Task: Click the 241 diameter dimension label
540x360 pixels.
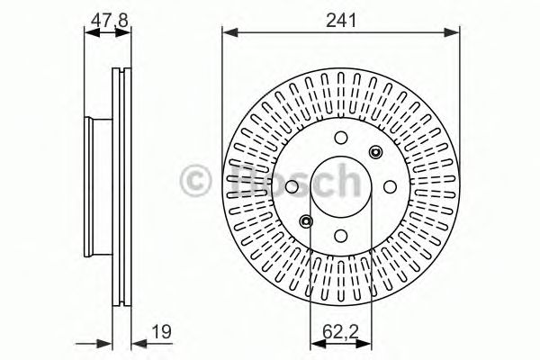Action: click(x=341, y=21)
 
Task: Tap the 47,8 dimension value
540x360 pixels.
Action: click(x=109, y=21)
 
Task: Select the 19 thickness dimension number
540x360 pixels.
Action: click(x=161, y=332)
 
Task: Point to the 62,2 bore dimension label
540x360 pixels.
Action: click(x=340, y=332)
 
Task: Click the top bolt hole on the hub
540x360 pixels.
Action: click(x=341, y=138)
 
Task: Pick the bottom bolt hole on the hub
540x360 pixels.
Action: click(x=341, y=236)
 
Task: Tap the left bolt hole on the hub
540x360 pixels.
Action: click(x=292, y=186)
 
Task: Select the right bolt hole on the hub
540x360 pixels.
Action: click(x=391, y=186)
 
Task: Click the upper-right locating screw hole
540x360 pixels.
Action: click(x=375, y=152)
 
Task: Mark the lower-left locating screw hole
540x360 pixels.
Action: click(x=306, y=221)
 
